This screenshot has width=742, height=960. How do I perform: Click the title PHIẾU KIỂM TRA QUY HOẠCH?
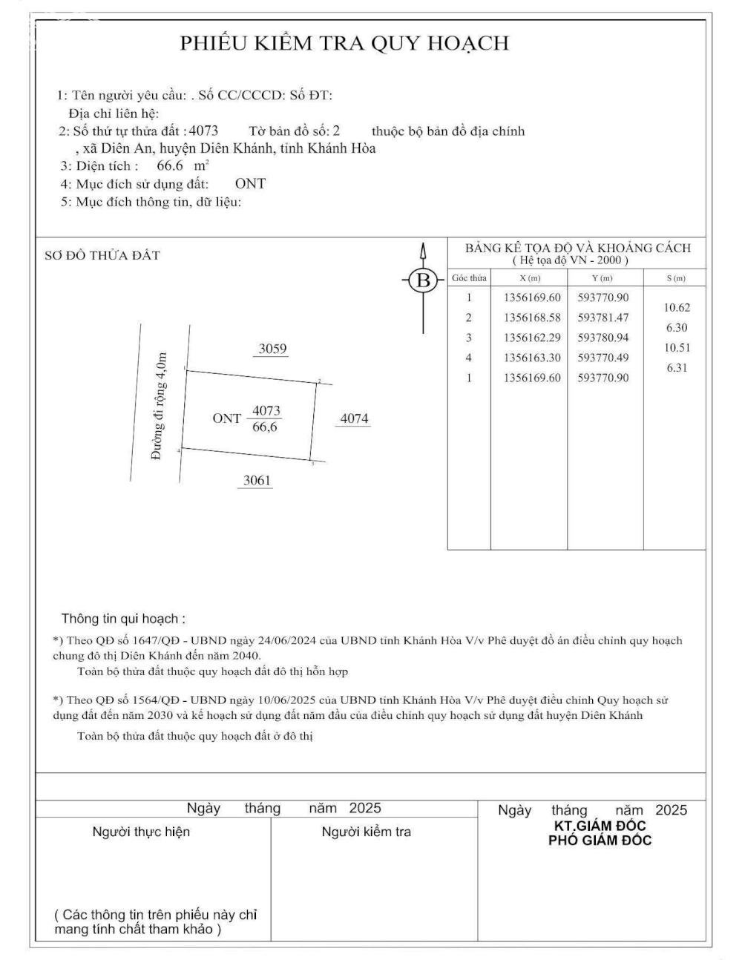tap(345, 43)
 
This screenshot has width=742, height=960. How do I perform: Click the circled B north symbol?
tap(424, 280)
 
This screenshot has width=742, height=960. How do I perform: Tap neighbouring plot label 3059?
tap(272, 349)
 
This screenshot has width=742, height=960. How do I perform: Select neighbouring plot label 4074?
tap(354, 418)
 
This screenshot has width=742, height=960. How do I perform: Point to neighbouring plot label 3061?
tap(257, 481)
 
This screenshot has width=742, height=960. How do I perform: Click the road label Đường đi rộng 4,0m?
tap(159, 406)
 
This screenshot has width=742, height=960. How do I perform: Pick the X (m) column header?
tap(529, 278)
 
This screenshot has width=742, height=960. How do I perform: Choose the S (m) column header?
tap(675, 278)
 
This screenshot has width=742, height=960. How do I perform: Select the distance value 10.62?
tap(677, 307)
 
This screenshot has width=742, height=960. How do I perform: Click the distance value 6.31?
tap(677, 367)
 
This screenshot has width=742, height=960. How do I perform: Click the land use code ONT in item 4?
tap(250, 183)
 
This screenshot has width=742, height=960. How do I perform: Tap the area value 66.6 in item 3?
tap(170, 165)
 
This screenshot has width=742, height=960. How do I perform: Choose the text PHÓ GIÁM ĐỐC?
tap(600, 841)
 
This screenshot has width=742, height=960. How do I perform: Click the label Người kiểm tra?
tap(366, 832)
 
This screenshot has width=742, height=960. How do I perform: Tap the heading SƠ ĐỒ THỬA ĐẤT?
tap(102, 255)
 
